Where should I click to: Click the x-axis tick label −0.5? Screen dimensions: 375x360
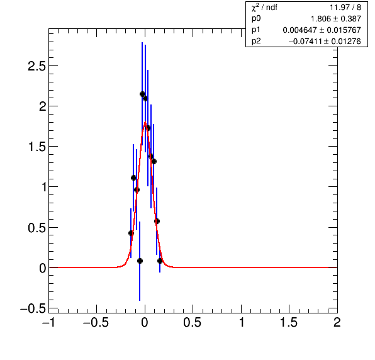[96, 323]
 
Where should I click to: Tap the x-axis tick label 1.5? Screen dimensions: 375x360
[288, 323]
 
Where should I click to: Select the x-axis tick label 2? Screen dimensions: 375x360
[337, 323]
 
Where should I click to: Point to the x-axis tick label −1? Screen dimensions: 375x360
[48, 323]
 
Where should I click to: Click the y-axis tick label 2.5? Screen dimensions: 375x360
[36, 66]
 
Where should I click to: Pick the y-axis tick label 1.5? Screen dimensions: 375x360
[36, 147]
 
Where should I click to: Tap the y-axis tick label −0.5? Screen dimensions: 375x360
[33, 308]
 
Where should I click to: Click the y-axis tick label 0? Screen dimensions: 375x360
[43, 268]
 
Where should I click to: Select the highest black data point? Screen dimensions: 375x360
[142, 94]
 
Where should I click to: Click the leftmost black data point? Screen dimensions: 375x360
[131, 233]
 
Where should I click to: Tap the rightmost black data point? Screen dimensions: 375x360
[160, 261]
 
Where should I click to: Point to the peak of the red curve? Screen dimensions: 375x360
[145, 122]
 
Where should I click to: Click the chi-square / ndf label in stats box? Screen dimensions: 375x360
[264, 8]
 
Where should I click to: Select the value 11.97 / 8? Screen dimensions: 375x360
[345, 8]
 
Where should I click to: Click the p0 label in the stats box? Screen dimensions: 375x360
[256, 18]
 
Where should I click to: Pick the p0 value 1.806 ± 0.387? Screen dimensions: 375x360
[336, 19]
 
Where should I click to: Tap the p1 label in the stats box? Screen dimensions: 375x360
[256, 30]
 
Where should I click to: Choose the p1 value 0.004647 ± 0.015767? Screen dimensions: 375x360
[322, 30]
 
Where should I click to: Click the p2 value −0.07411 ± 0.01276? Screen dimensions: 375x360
[325, 42]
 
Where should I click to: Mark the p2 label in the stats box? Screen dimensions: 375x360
[256, 41]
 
